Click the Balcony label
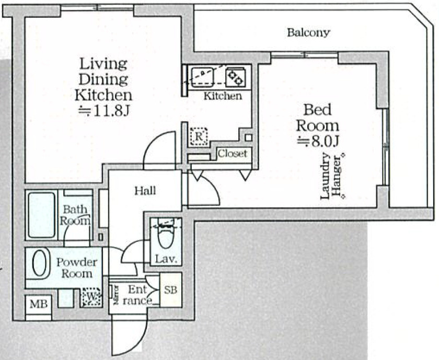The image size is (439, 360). click(x=308, y=33)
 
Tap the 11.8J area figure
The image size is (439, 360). click(x=103, y=111)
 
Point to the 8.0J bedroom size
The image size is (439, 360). click(x=318, y=142)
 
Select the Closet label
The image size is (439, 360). click(x=233, y=154)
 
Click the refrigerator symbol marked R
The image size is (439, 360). click(x=199, y=137)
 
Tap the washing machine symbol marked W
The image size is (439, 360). click(x=91, y=297)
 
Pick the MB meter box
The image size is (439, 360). click(x=39, y=304)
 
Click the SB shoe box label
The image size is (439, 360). click(x=170, y=290)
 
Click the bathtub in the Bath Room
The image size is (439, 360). click(x=41, y=215)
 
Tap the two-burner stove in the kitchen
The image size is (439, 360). click(x=236, y=76)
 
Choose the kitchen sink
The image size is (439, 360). click(x=203, y=76)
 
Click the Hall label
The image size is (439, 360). click(x=145, y=191)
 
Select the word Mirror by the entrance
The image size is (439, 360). click(x=115, y=295)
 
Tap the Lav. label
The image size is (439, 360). click(x=166, y=259)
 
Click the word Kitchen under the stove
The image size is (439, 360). click(x=223, y=96)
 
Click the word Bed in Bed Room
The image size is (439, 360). click(x=318, y=110)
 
